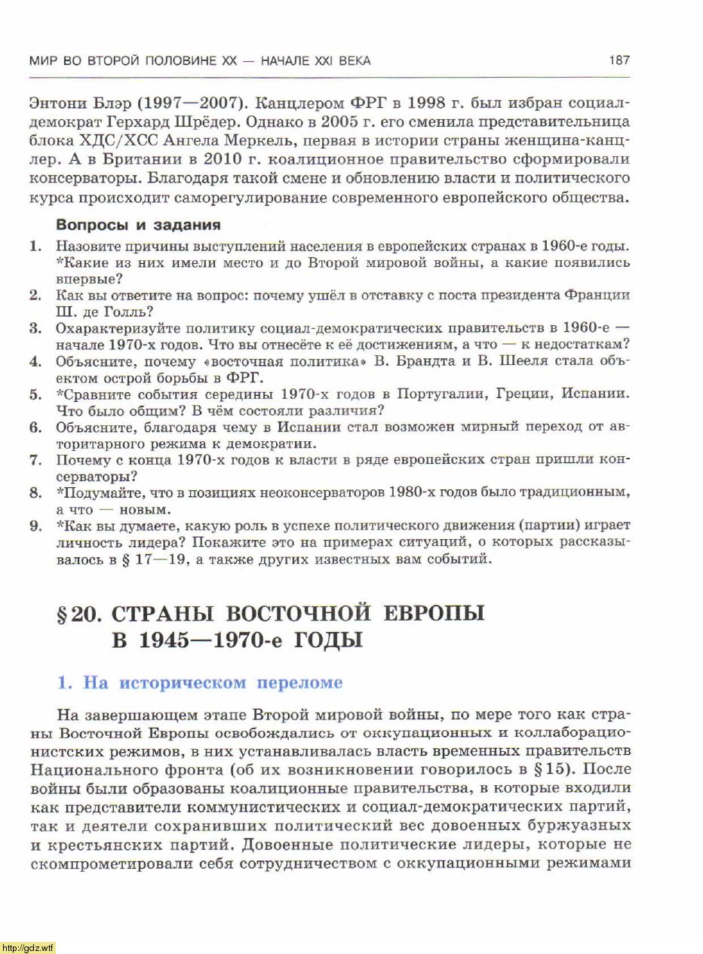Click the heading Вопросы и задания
[139, 225]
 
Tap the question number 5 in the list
[35, 394]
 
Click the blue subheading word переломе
[300, 683]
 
